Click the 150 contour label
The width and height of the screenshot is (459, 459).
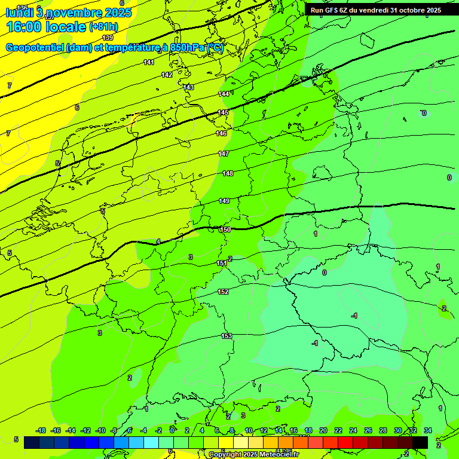click(x=225, y=229)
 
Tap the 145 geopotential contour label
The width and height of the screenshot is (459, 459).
click(x=223, y=112)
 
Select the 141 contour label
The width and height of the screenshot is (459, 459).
click(x=149, y=62)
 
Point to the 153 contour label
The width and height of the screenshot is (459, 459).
click(x=227, y=336)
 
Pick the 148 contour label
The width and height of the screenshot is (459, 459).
click(x=228, y=173)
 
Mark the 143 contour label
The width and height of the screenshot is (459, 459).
click(x=188, y=87)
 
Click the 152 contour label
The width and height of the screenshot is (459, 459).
click(x=223, y=292)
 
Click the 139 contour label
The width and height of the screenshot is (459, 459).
click(x=108, y=38)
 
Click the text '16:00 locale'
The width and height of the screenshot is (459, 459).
click(x=46, y=27)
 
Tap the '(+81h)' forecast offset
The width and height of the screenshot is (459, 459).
click(x=103, y=27)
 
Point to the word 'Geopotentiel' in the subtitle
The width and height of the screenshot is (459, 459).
click(x=35, y=48)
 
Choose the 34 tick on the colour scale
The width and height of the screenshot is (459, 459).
click(x=428, y=430)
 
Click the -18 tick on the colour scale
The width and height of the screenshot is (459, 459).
click(x=41, y=430)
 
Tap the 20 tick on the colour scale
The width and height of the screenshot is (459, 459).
click(x=323, y=430)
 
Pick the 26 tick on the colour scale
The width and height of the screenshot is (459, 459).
click(x=368, y=430)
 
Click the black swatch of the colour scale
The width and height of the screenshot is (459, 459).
click(x=420, y=442)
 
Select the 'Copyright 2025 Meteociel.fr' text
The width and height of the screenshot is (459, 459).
click(x=253, y=454)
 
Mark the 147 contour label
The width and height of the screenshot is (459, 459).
click(x=224, y=154)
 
